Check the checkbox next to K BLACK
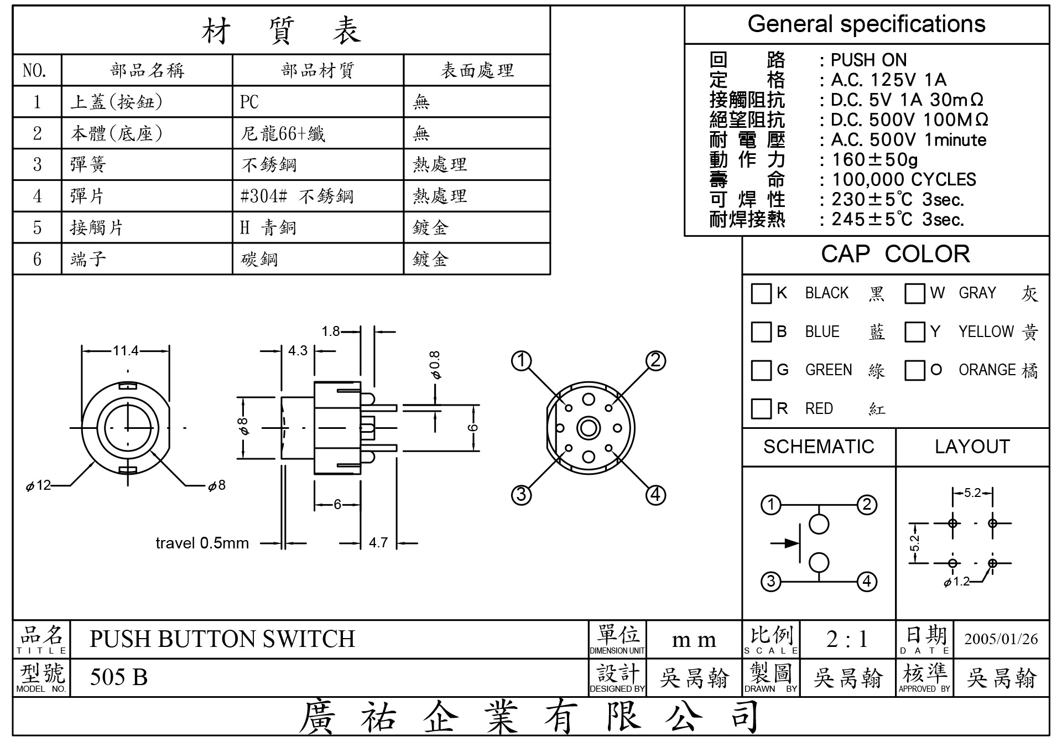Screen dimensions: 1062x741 [x=761, y=293]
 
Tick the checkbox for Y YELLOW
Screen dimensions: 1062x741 [x=915, y=332]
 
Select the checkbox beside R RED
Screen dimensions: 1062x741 [x=761, y=409]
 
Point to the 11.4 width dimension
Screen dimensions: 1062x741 [x=126, y=350]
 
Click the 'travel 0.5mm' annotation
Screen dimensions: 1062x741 [x=202, y=543]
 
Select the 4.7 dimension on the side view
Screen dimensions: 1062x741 [x=378, y=542]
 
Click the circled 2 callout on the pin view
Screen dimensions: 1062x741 [x=655, y=361]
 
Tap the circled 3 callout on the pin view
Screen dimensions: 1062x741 [x=521, y=494]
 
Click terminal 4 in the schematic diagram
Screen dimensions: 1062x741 [x=867, y=582]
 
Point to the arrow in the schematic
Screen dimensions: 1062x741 [x=785, y=543]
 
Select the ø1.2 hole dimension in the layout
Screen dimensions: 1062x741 [x=956, y=582]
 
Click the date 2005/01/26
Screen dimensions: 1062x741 [x=1001, y=639]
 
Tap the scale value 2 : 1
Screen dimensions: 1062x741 [x=847, y=639]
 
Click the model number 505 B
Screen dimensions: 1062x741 [x=119, y=677]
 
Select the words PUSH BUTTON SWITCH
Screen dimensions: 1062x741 [x=222, y=639]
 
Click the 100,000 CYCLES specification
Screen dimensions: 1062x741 [x=904, y=179]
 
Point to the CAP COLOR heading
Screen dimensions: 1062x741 [x=895, y=254]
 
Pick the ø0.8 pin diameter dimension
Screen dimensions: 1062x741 [x=435, y=365]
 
